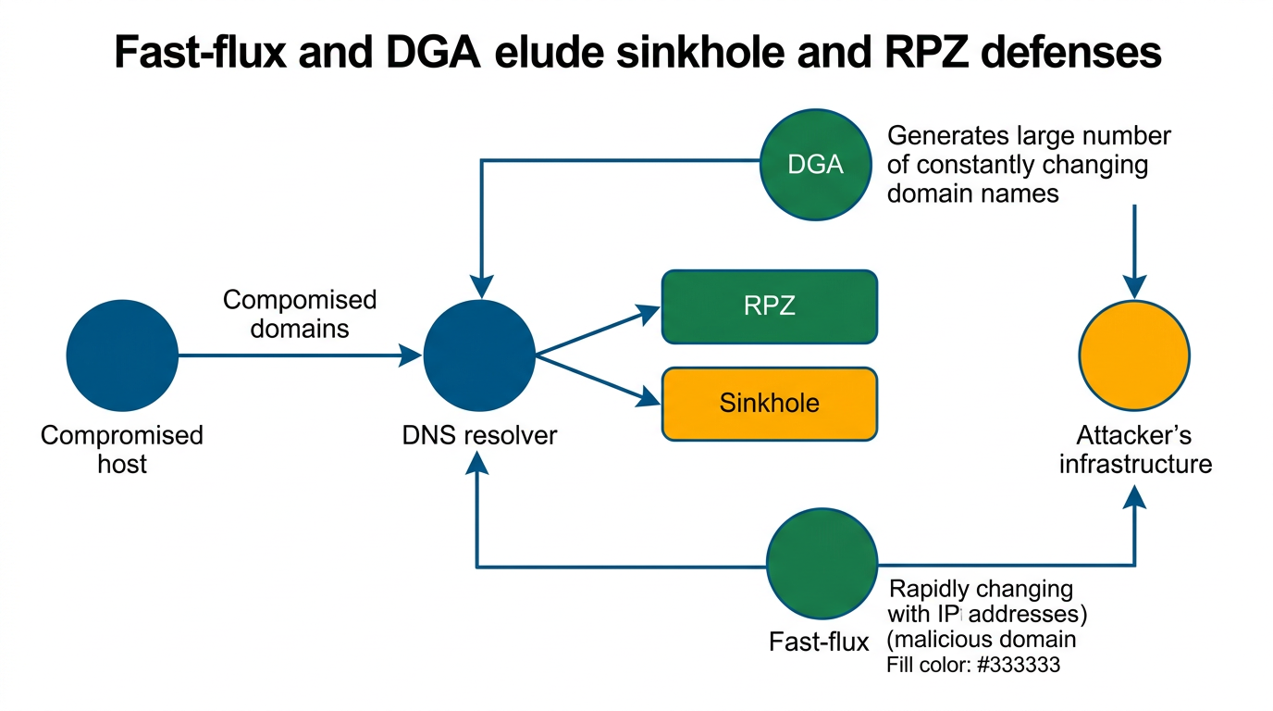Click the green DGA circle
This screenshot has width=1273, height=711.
[815, 165]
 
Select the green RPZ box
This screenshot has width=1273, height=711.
[770, 306]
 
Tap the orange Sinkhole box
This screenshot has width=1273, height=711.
[770, 404]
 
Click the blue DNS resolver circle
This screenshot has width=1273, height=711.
[478, 355]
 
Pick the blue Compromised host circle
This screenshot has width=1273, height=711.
[122, 355]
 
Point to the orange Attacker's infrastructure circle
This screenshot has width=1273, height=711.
[1134, 355]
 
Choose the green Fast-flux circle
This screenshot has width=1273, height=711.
[822, 562]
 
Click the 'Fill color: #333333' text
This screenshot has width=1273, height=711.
[972, 665]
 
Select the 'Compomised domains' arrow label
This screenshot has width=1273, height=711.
[300, 314]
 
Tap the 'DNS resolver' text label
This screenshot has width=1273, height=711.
[479, 435]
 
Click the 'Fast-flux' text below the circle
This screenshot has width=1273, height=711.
[819, 642]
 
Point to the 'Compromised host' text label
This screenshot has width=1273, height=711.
[122, 449]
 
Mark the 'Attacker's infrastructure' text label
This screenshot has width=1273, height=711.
[1134, 449]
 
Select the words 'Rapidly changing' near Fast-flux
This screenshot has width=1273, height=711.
[981, 589]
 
